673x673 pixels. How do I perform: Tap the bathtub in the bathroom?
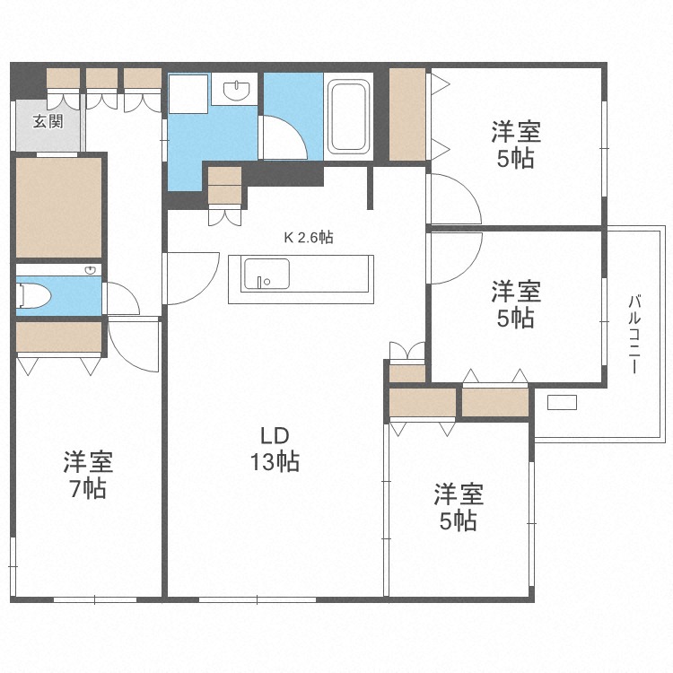click(349, 117)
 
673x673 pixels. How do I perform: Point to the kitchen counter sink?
click(267, 274)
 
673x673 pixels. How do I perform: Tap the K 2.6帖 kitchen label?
click(309, 238)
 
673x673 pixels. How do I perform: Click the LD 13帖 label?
click(274, 450)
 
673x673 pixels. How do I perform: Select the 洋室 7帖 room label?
click(87, 476)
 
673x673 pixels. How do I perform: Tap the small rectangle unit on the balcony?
click(562, 402)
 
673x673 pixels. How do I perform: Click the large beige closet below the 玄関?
click(58, 206)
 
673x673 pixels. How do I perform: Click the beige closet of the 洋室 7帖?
click(58, 337)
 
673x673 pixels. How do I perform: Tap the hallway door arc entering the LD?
click(193, 278)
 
